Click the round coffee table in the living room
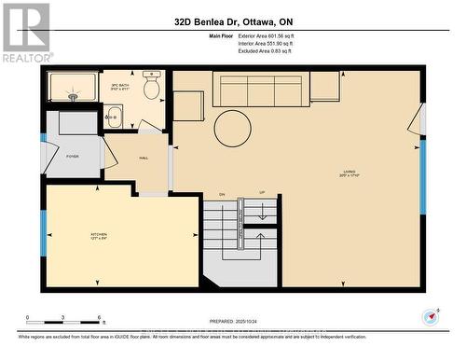pyautogui.click(x=232, y=129)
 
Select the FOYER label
pyautogui.click(x=72, y=157)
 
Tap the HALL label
pyautogui.click(x=144, y=158)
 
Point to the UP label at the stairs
pyautogui.click(x=262, y=193)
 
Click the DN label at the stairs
pyautogui.click(x=223, y=193)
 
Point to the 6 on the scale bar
pyautogui.click(x=100, y=318)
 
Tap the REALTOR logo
pyautogui.click(x=26, y=33)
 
